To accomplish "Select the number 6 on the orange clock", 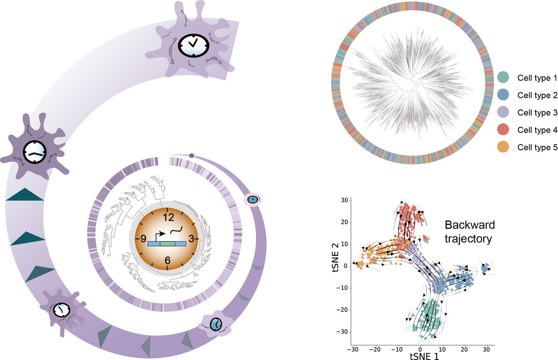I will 168,260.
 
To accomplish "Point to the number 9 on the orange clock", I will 143,238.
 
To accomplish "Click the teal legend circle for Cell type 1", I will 504,78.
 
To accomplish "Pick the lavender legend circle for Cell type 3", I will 504,112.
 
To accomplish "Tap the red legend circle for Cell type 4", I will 504,130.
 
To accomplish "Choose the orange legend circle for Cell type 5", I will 504,147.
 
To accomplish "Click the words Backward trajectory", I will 470,232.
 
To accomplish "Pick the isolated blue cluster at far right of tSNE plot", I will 485,268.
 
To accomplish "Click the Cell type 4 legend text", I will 537,130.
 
